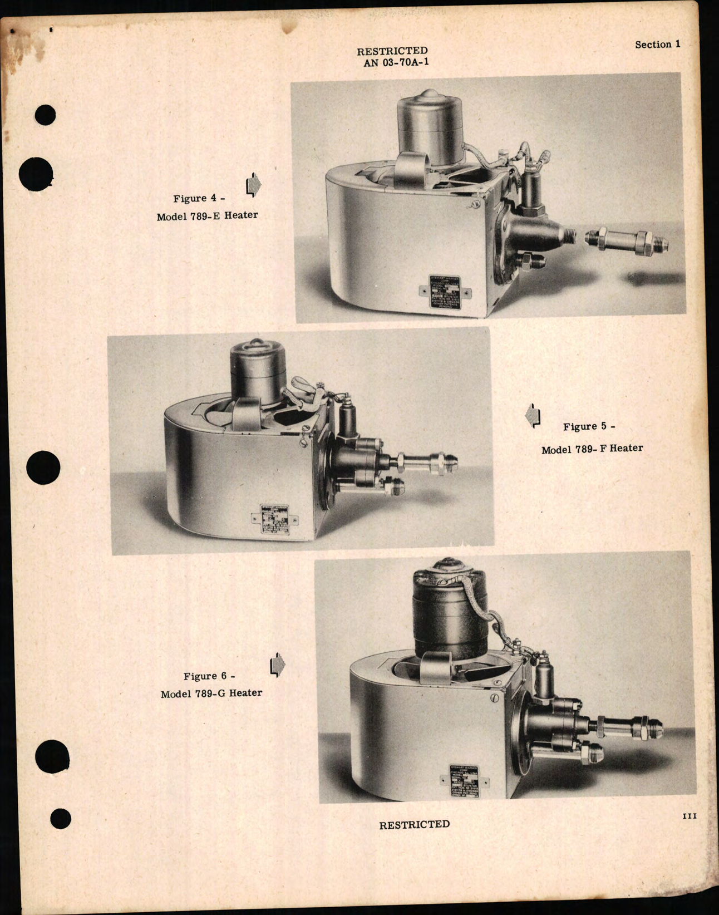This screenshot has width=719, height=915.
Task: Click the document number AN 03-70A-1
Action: tap(396, 62)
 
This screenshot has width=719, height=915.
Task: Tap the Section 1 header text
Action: tap(657, 45)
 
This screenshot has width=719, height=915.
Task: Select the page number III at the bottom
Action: tap(689, 816)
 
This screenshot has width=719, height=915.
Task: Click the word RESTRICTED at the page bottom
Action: tap(414, 824)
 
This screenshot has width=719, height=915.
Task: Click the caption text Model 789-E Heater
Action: tap(207, 215)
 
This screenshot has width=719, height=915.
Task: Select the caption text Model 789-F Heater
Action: tap(592, 449)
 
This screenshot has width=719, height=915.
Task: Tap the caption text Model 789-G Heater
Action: tap(211, 693)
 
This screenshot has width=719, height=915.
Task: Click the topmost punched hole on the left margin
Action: tap(45, 115)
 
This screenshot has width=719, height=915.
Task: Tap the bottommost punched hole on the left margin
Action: tap(60, 818)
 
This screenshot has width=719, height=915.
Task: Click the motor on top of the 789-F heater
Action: tap(258, 370)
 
